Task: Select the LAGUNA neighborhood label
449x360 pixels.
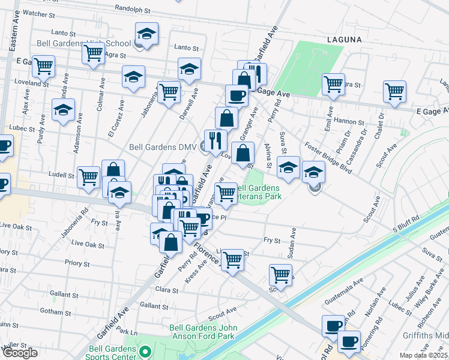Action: [x=345, y=40]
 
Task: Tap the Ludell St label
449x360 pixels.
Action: [x=61, y=176]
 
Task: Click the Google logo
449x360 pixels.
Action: [x=20, y=353]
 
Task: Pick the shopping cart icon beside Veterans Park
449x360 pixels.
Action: [x=226, y=193]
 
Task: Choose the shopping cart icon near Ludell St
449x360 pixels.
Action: [x=88, y=177]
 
